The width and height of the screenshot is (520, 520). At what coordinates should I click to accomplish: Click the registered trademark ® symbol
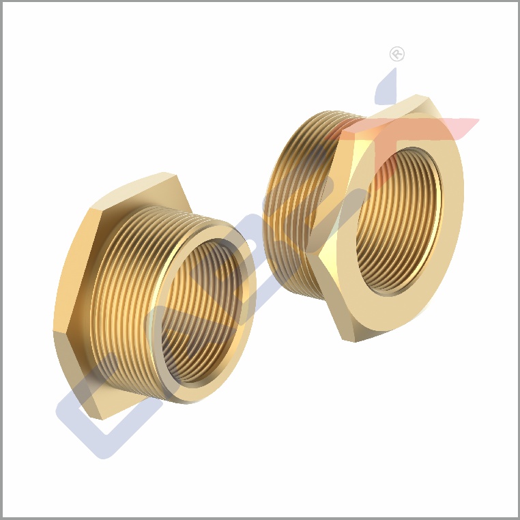pos(396,54)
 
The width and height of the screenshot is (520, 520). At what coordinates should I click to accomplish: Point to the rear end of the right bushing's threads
pos(273,205)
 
